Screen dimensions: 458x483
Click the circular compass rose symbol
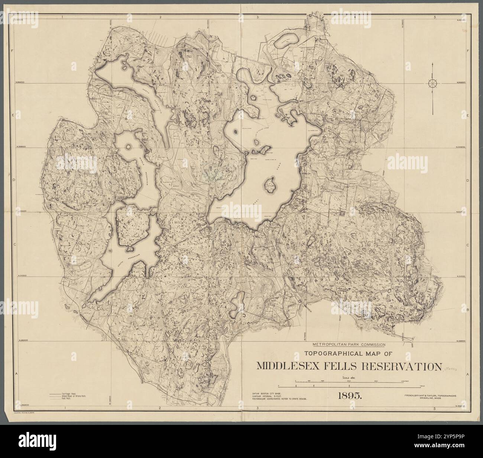pos(433,83)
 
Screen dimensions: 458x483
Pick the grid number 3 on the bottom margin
pos(257,409)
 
